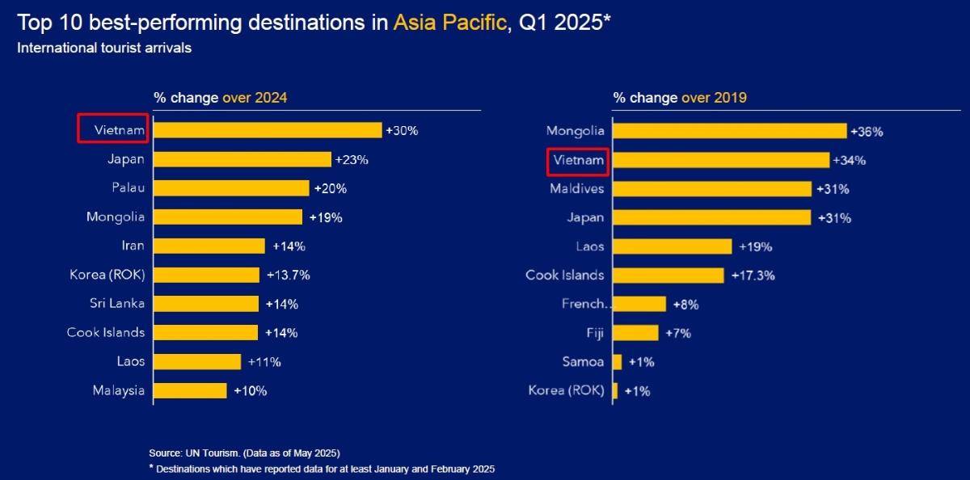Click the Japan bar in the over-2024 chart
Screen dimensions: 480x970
coord(242,159)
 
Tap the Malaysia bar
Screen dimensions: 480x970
coord(190,390)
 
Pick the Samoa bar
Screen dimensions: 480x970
coord(618,362)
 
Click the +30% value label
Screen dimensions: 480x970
coord(402,130)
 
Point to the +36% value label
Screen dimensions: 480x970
coord(867,131)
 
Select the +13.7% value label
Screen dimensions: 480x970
coord(289,275)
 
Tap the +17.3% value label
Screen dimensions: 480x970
coord(753,276)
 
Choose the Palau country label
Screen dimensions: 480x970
coord(129,187)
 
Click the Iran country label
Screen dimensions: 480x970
coord(133,246)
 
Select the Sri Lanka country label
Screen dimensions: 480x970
coord(117,304)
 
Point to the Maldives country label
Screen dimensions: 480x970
coord(576,188)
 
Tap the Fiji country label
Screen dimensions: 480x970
coord(594,333)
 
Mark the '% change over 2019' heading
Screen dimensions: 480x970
coord(679,98)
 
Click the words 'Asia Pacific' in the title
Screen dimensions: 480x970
coord(447,22)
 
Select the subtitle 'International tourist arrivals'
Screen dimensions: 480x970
coord(104,48)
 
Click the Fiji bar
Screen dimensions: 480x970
coord(636,333)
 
